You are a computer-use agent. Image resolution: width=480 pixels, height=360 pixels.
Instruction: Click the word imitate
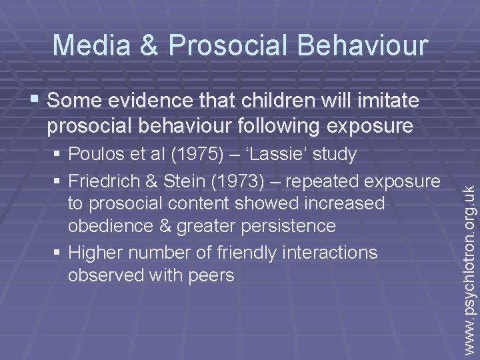coord(379,101)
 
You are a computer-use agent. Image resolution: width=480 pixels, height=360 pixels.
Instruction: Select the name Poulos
coord(96,155)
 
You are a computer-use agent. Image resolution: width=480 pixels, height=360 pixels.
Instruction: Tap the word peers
coord(211,275)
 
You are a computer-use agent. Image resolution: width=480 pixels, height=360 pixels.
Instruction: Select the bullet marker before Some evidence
coord(36,101)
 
